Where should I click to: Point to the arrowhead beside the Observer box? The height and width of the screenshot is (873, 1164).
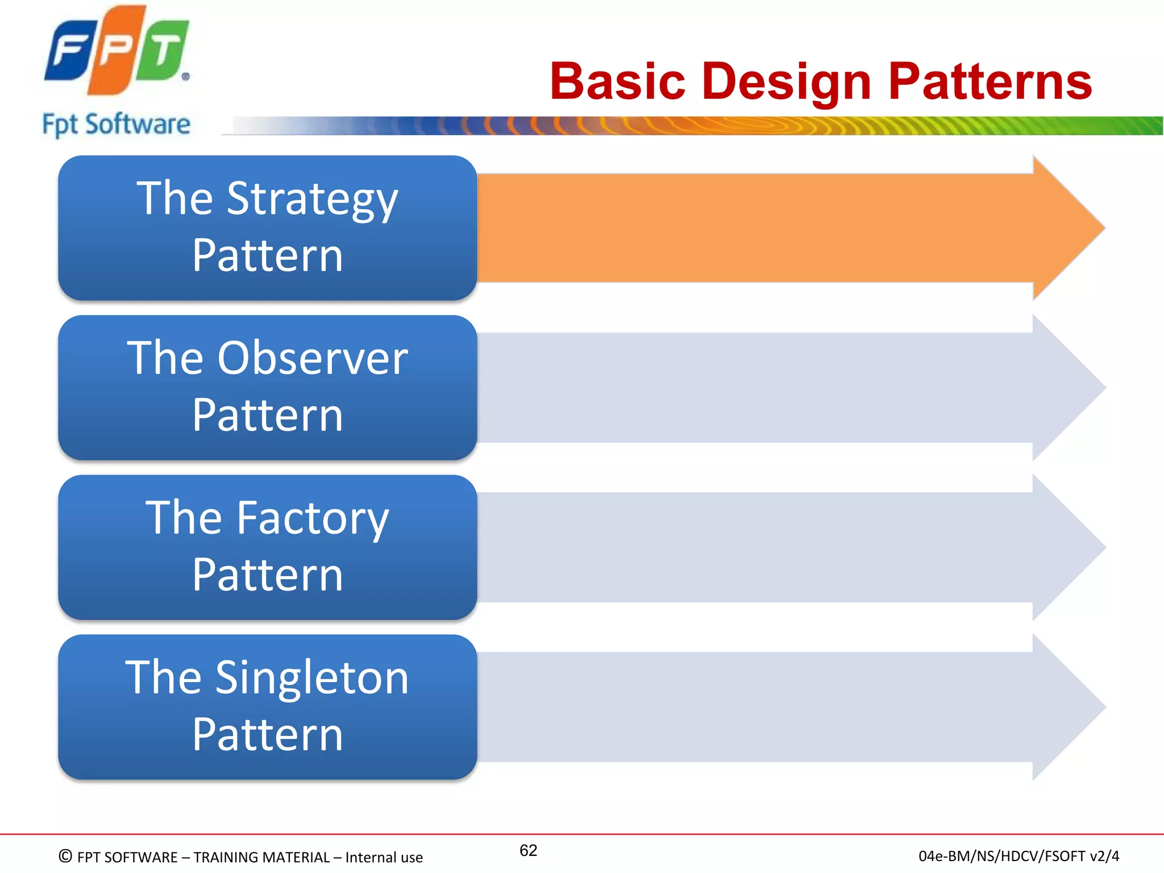click(1069, 388)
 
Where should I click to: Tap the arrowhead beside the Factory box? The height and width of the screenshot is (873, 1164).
click(1069, 547)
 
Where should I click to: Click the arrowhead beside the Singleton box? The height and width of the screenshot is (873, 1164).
click(1069, 707)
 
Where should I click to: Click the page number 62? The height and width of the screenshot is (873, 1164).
click(528, 850)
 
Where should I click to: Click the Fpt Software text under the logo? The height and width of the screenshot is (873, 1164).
click(116, 124)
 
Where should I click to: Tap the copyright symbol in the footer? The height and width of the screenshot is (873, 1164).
click(65, 857)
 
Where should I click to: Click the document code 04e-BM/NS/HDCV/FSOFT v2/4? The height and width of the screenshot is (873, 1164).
click(1018, 856)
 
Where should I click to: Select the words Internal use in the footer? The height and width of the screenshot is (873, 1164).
click(384, 857)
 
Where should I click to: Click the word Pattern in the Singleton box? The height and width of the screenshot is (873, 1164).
click(267, 734)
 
